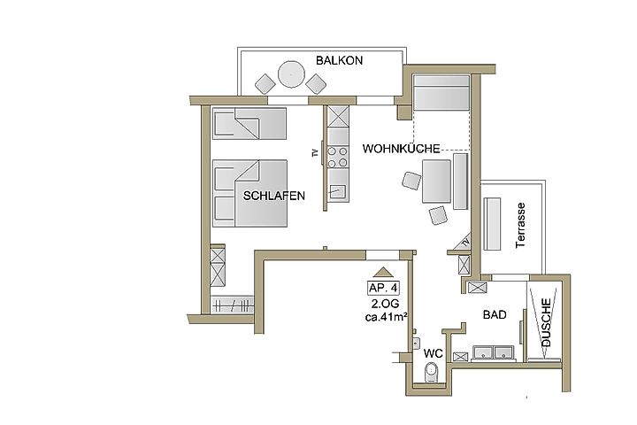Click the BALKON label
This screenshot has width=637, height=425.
339,60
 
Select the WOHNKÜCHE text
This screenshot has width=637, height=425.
401,149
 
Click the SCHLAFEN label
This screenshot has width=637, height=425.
273,196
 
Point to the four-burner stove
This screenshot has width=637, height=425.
338,157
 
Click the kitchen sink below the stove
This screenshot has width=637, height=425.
337,191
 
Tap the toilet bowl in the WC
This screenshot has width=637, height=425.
431,373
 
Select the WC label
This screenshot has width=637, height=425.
433,353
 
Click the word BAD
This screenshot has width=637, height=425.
495,314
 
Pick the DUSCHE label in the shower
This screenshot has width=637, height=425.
546,322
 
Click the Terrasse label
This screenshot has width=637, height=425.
520,225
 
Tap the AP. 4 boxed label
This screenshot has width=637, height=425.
383,288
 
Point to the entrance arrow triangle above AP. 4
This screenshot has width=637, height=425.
382,272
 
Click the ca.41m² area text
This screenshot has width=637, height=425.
387,317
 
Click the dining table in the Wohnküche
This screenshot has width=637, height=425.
436,181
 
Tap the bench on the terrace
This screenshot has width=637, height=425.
492,224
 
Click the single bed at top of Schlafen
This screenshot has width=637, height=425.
249,124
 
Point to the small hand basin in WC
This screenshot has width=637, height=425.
415,344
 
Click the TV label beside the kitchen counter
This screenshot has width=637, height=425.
314,153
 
